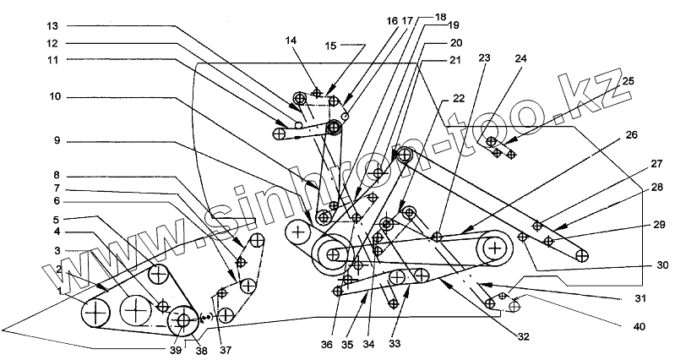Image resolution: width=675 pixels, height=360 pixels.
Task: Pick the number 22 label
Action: (x=460, y=99)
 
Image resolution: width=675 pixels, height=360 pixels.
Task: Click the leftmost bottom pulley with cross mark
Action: (x=97, y=314)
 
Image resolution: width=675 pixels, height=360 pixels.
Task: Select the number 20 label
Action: (x=456, y=42)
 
